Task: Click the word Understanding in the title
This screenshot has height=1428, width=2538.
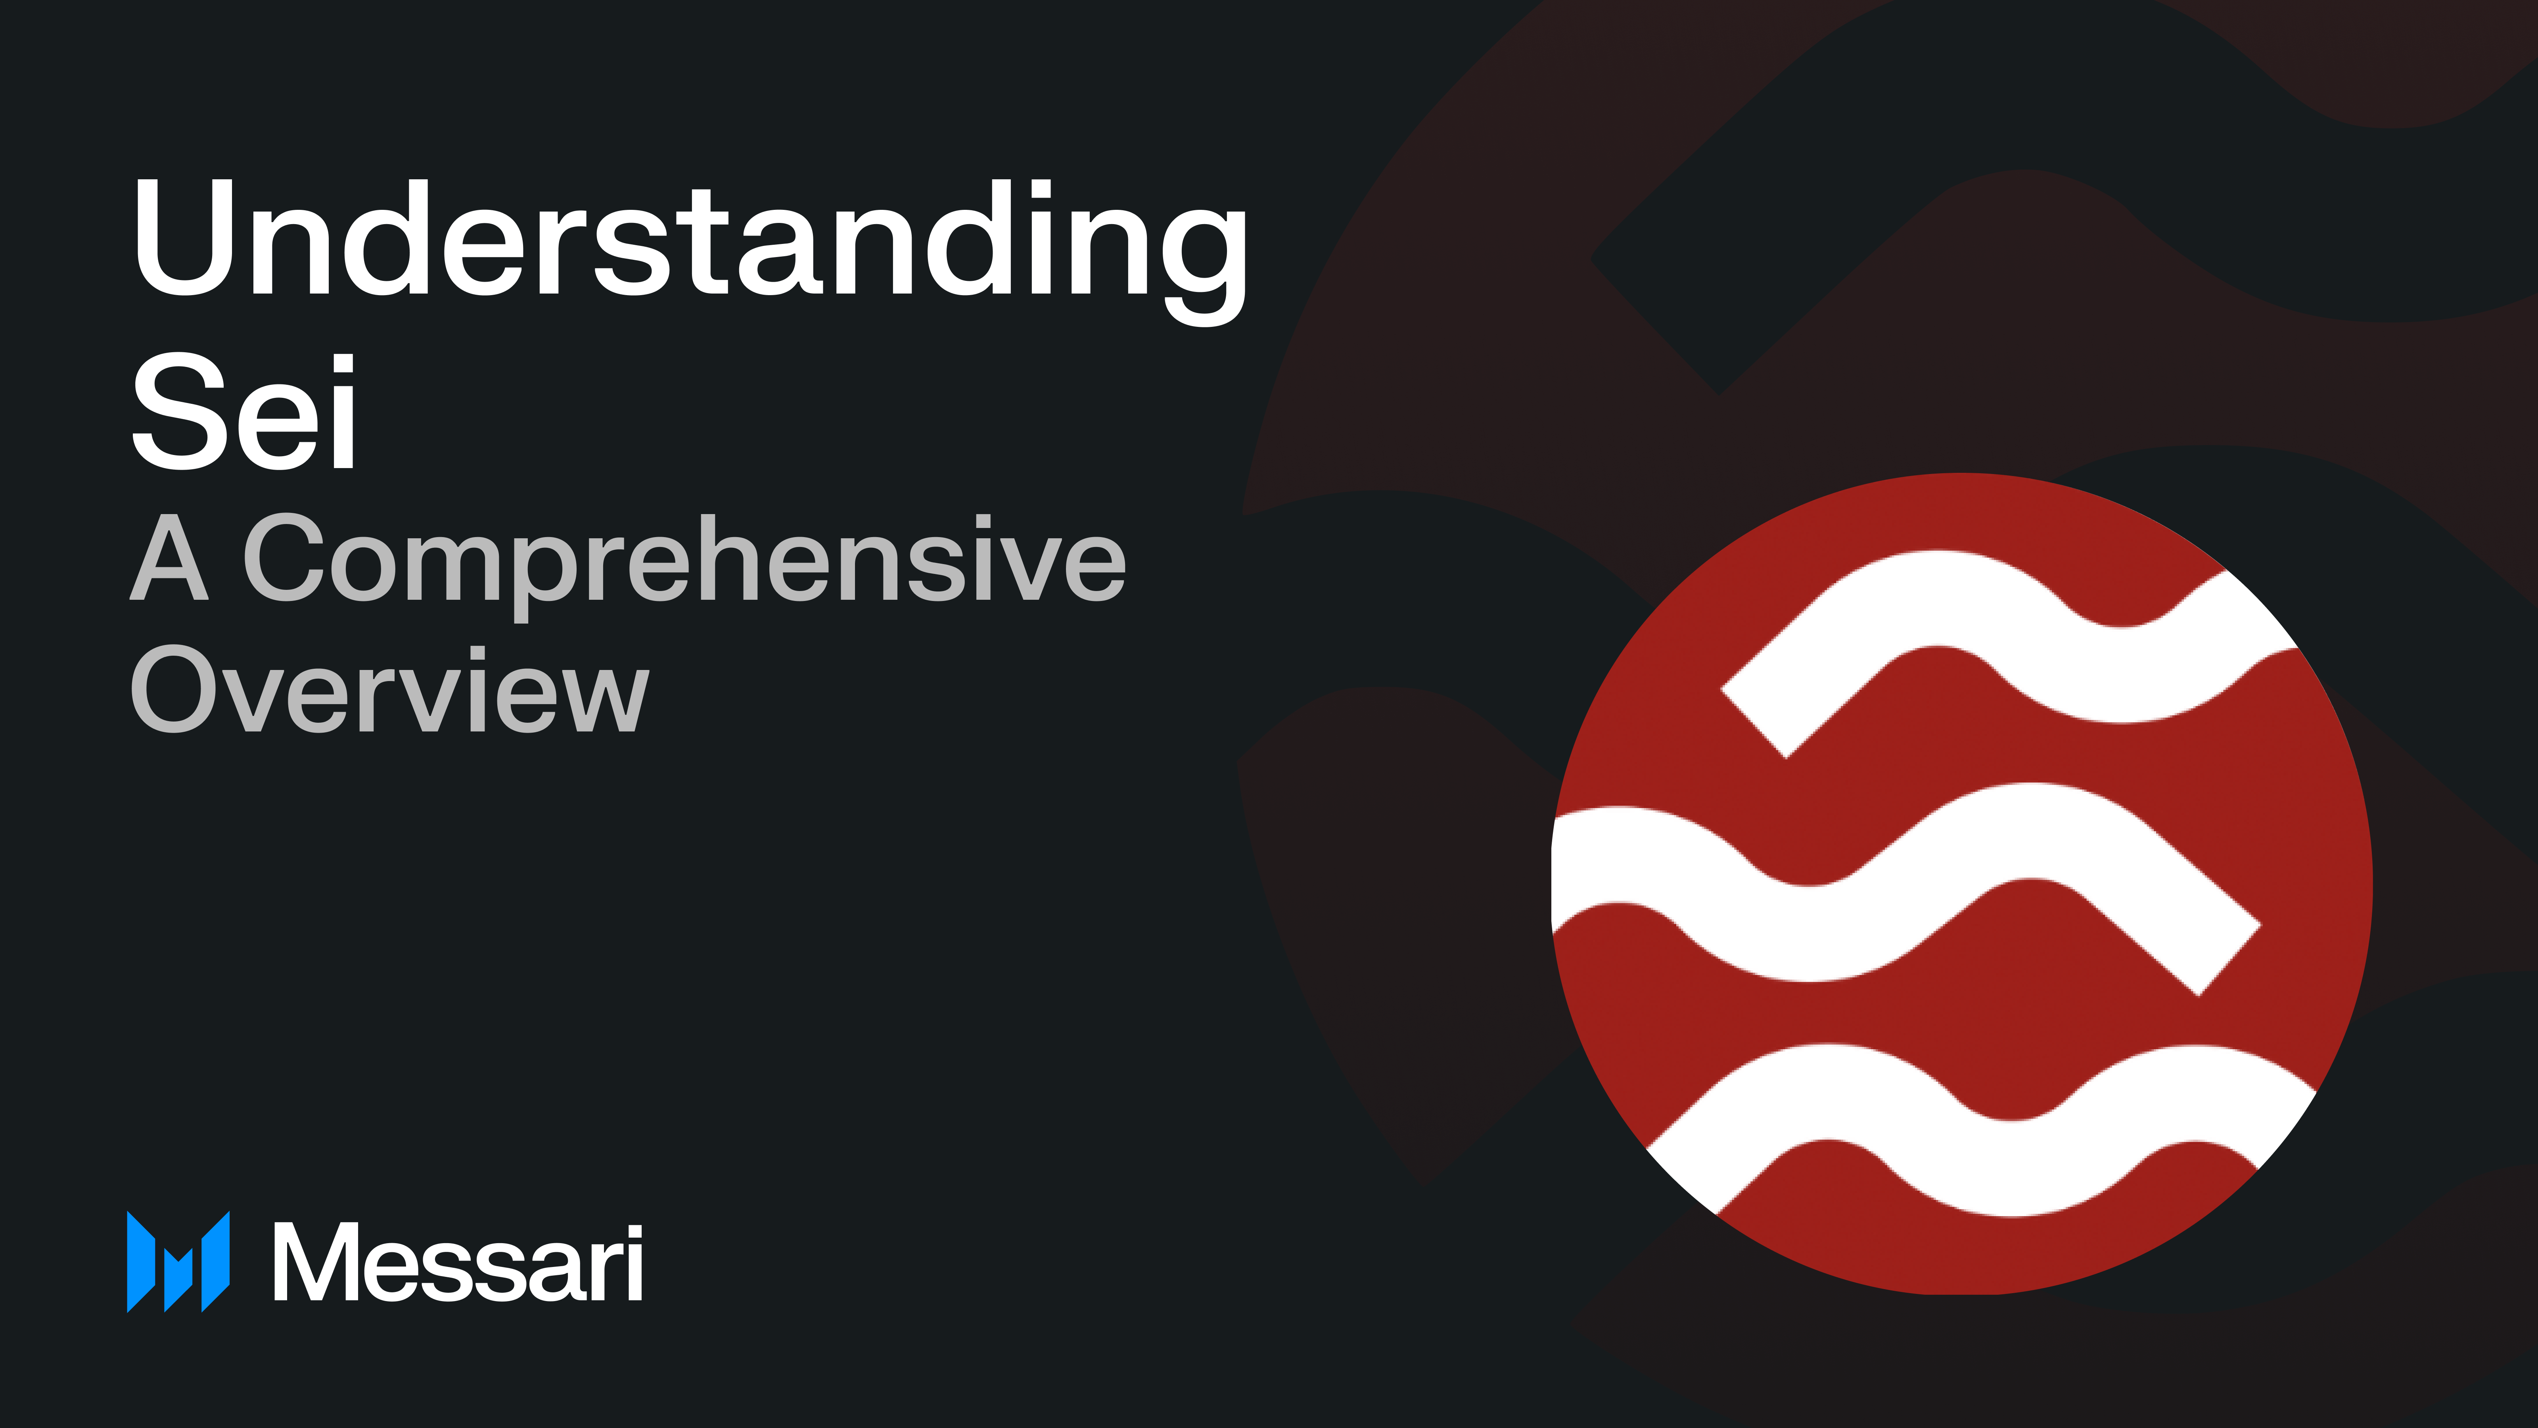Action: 690,242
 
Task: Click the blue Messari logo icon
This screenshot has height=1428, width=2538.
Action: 178,1261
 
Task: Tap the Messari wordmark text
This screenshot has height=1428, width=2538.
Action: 458,1263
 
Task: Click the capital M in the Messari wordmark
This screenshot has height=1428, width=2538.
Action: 313,1263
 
